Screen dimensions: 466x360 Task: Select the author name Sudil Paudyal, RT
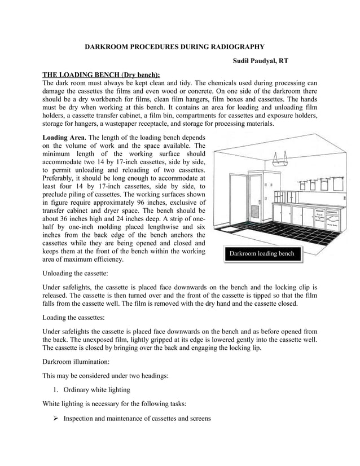[x=260, y=61]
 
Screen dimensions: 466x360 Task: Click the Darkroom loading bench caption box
[x=261, y=254]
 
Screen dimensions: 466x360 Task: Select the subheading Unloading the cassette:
[x=83, y=272]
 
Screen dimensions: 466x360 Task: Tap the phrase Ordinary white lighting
[x=97, y=389]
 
